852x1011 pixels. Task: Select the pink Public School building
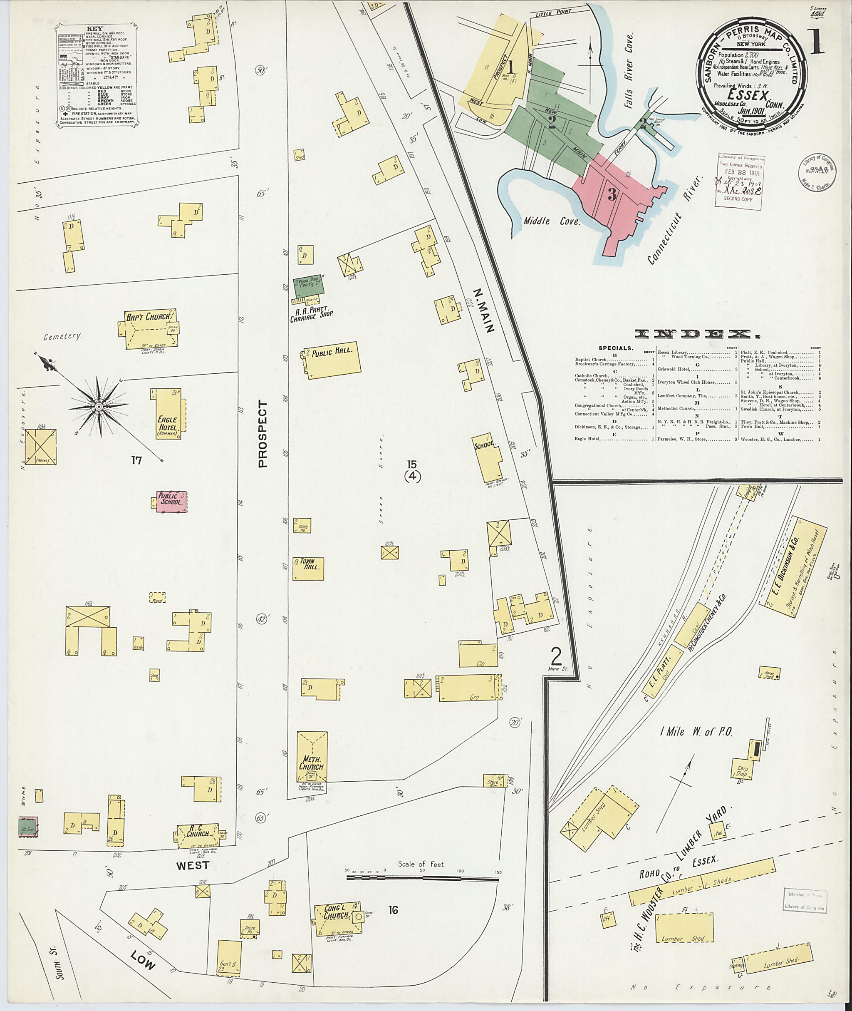[x=171, y=502]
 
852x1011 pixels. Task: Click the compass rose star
[x=99, y=407]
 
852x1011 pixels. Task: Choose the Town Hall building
[x=308, y=569]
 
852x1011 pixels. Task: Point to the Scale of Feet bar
[x=423, y=879]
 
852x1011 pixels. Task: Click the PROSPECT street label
[x=262, y=434]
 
